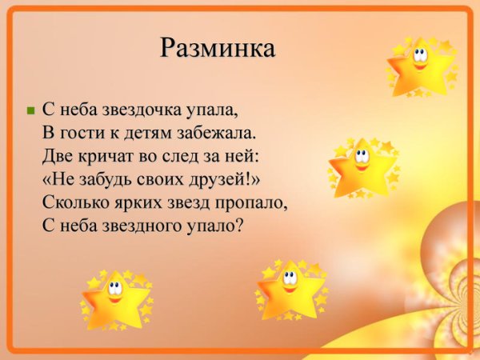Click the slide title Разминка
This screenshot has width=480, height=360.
218,47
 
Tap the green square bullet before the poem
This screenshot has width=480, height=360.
31,110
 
